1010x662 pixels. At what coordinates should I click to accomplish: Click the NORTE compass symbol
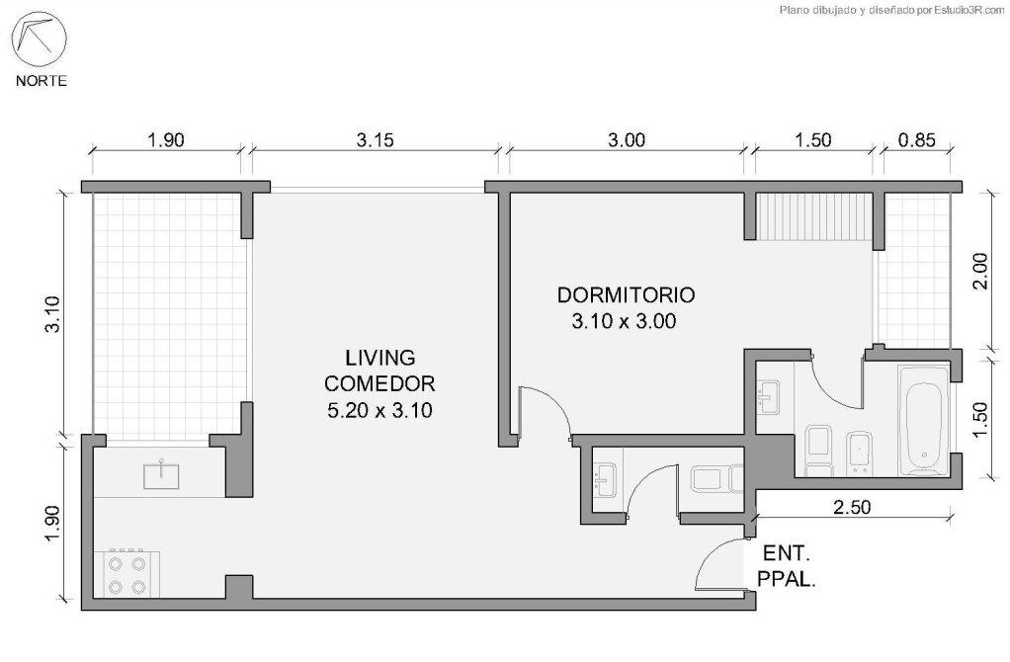coord(40,40)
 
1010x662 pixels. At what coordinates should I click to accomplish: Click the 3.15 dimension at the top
coord(375,139)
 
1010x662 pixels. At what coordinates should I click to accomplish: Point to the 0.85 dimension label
coord(916,139)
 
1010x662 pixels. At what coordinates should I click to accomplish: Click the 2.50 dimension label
coord(852,508)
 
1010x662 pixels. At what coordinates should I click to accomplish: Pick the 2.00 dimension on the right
coord(979,271)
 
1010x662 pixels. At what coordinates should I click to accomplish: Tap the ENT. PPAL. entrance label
coord(786,566)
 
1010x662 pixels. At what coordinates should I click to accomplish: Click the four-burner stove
coord(126,573)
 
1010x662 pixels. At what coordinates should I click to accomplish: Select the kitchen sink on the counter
coord(161,474)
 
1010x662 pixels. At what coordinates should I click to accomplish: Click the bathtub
coord(923,421)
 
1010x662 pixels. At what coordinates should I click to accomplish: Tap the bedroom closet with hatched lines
coord(814,215)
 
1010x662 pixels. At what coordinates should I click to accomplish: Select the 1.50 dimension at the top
coord(813,139)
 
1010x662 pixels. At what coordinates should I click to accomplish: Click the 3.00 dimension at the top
coord(627,139)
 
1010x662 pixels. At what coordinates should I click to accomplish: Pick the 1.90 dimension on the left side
coord(52,524)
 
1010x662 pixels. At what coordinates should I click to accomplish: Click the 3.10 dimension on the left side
coord(52,313)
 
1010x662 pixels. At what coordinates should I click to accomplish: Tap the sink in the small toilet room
coord(606,480)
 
